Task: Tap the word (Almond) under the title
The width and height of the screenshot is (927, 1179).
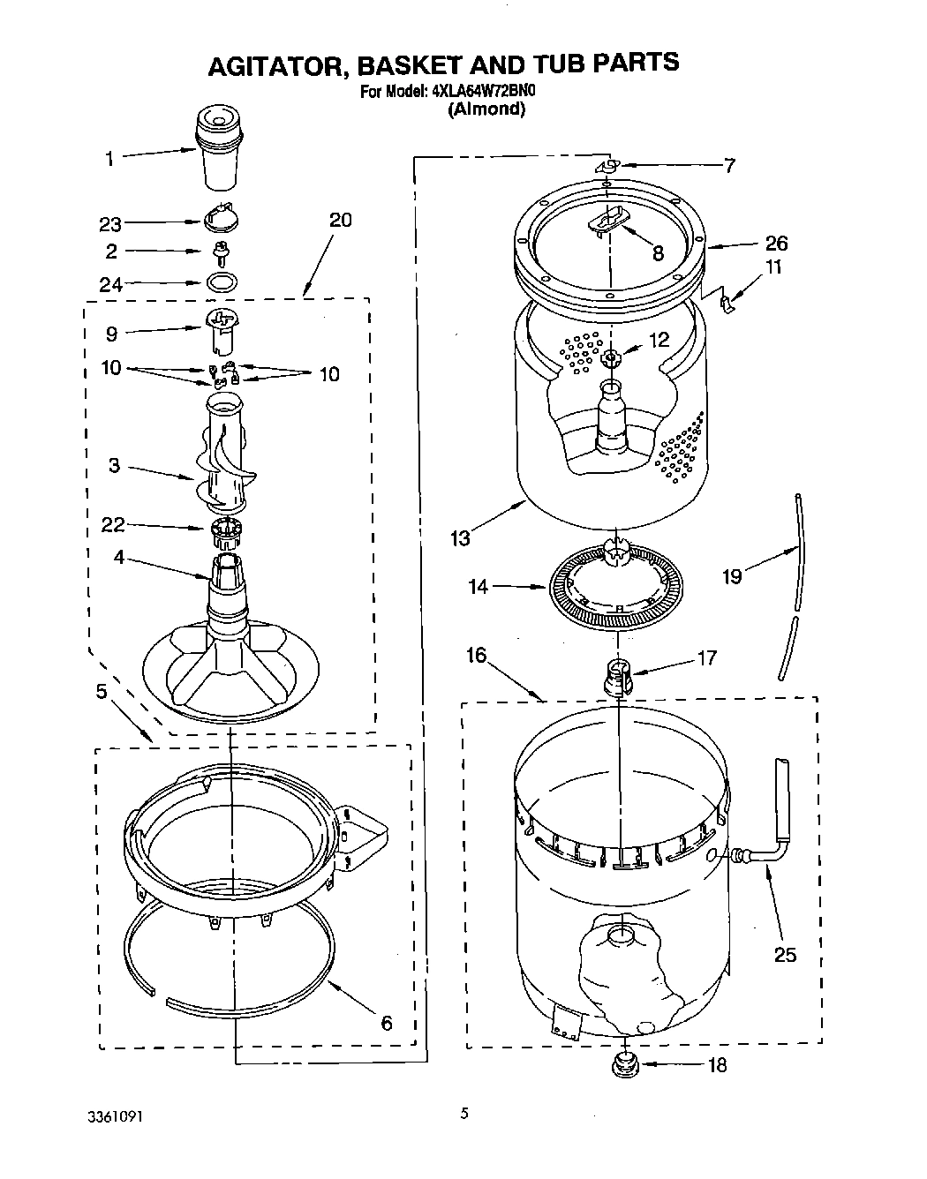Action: click(486, 109)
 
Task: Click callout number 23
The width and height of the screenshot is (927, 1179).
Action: click(110, 224)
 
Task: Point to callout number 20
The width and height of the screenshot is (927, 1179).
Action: click(340, 220)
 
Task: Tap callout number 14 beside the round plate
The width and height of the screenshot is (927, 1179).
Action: click(479, 586)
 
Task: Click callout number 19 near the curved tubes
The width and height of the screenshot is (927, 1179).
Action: click(731, 576)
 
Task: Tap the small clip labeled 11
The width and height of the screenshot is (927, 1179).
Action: click(726, 303)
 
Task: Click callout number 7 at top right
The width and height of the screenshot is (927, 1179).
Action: click(729, 164)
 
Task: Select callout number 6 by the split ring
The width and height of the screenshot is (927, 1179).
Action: click(386, 1023)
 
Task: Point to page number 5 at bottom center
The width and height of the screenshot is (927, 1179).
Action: click(463, 1114)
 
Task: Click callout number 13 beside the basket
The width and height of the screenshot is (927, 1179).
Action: click(460, 537)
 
